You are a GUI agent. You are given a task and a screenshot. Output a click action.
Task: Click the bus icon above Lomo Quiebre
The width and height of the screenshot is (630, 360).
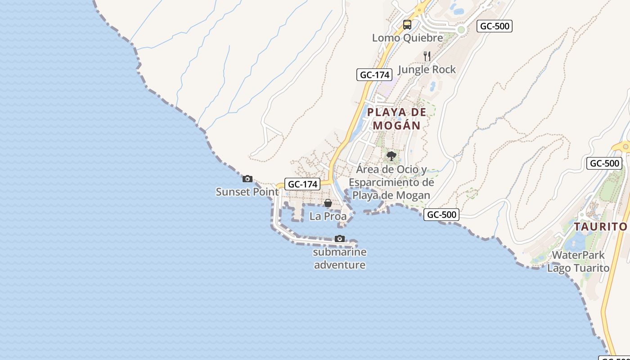[407, 25]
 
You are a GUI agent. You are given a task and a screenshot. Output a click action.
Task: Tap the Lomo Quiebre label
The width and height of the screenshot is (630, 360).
[407, 38]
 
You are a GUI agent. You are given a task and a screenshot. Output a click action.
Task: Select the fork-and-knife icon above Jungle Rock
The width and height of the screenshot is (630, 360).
[427, 56]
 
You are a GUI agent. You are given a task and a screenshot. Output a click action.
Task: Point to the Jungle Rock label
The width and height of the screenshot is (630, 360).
[427, 69]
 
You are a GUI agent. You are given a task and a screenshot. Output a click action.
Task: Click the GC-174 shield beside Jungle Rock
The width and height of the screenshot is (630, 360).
[374, 75]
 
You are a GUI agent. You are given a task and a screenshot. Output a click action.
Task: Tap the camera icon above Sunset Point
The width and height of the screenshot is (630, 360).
[247, 179]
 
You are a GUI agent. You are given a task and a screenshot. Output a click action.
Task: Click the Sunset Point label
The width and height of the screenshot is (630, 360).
[247, 192]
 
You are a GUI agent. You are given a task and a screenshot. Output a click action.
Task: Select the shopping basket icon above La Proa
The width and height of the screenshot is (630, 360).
[328, 203]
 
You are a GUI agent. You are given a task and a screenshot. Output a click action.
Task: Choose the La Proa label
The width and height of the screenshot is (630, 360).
[328, 216]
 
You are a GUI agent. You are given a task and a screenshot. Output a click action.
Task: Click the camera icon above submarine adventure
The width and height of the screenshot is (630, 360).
[340, 239]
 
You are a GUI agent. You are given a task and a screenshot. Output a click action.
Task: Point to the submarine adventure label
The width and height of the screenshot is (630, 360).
[340, 258]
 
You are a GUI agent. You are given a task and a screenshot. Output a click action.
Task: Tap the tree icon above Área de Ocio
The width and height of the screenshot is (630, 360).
[391, 156]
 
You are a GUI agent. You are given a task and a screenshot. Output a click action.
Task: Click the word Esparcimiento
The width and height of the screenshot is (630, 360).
[391, 182]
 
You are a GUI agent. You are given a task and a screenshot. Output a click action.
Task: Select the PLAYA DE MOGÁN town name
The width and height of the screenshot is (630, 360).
[396, 118]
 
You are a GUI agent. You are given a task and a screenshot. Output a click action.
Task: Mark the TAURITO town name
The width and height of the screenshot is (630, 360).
[600, 226]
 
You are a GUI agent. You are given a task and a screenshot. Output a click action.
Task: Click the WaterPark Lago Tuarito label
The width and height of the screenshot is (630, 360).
[578, 261]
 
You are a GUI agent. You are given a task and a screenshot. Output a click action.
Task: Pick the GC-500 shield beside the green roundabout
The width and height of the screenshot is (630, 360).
[495, 26]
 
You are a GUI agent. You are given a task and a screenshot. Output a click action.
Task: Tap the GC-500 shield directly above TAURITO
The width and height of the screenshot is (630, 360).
[604, 163]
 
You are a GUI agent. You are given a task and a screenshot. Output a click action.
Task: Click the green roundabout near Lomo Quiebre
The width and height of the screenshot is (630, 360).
[461, 30]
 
